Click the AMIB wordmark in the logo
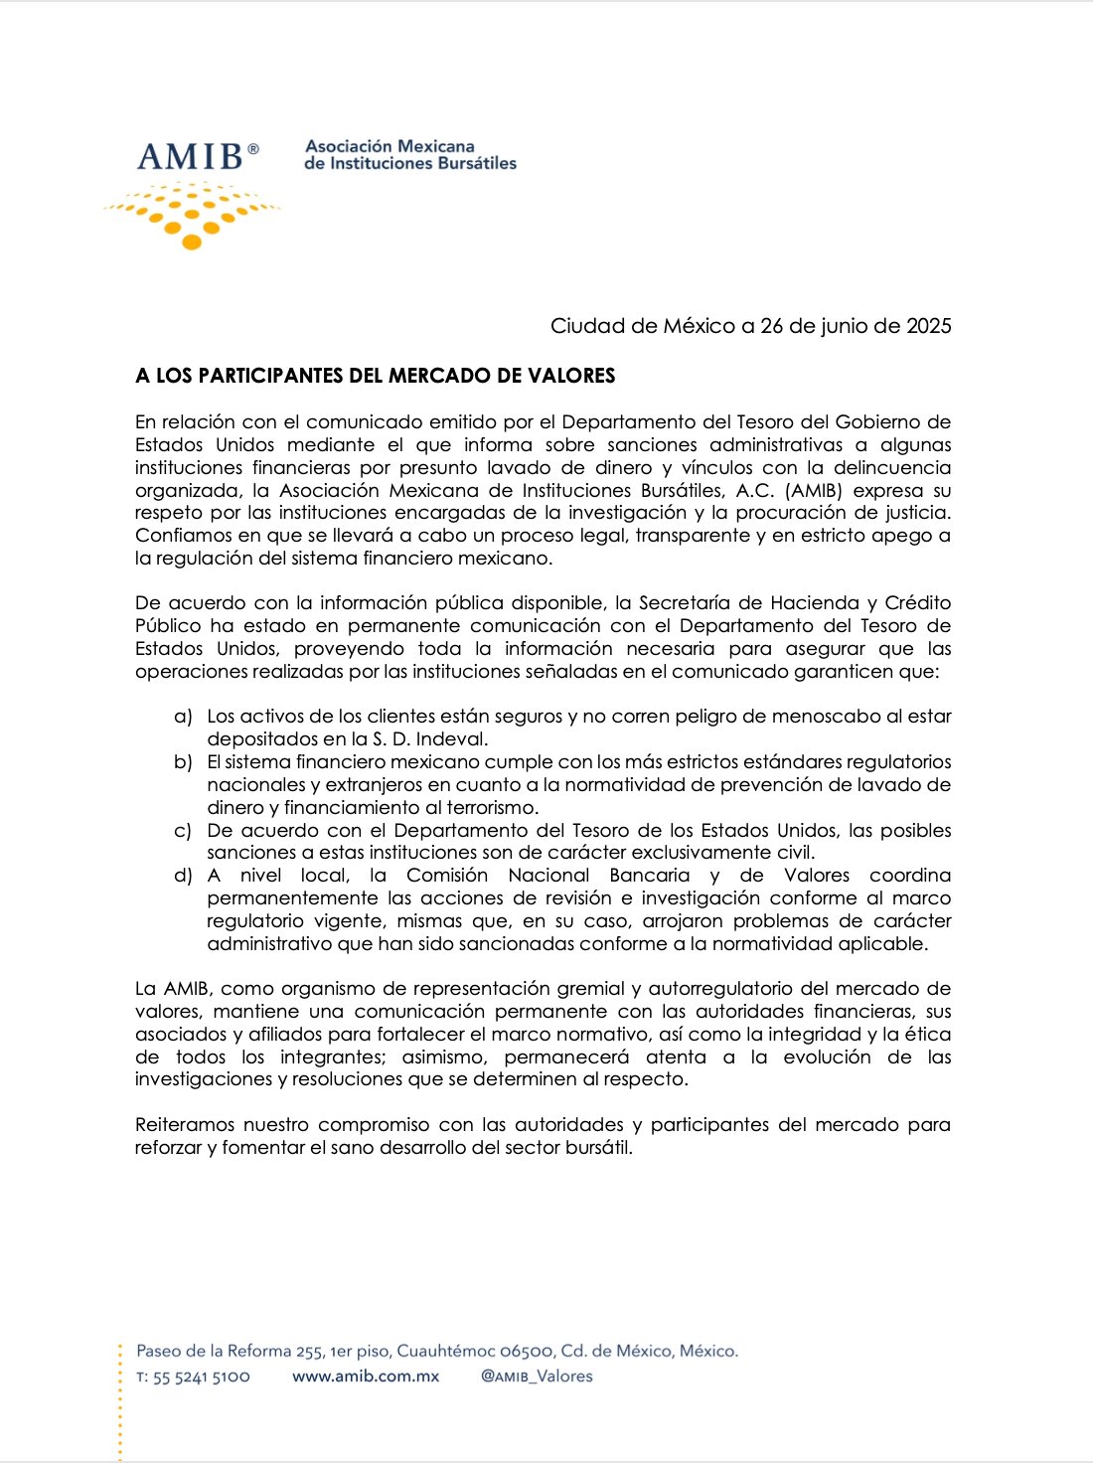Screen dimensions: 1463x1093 [190, 157]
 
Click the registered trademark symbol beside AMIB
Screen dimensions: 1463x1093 [253, 149]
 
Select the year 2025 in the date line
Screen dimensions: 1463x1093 [928, 326]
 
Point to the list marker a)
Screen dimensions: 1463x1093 [183, 717]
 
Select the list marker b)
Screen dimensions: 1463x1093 [183, 762]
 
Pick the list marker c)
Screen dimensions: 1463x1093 [183, 831]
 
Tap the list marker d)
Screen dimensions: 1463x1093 [183, 876]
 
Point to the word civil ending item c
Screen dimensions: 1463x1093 [795, 853]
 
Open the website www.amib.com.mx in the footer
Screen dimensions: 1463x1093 [366, 1377]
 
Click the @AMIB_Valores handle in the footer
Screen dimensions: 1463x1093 [537, 1377]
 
